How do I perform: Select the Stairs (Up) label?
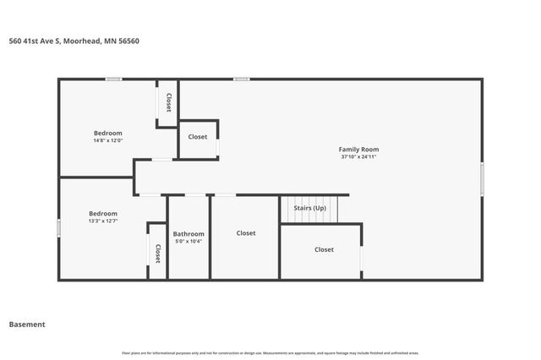(309, 208)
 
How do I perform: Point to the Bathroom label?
(188, 234)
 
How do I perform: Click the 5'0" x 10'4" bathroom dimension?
(188, 242)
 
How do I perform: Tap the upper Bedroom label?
(107, 133)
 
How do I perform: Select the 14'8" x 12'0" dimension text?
(107, 140)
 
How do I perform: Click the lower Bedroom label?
(103, 214)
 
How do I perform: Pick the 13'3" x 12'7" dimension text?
(103, 221)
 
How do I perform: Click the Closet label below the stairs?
(324, 249)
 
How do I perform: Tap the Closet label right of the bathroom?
(246, 233)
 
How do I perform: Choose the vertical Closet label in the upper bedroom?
(169, 102)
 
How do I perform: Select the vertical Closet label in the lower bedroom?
(157, 254)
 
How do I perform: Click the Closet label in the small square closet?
(198, 137)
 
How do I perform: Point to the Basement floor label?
(27, 324)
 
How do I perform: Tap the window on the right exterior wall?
(483, 179)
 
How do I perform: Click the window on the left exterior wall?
(58, 228)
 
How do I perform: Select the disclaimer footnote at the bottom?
(270, 352)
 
